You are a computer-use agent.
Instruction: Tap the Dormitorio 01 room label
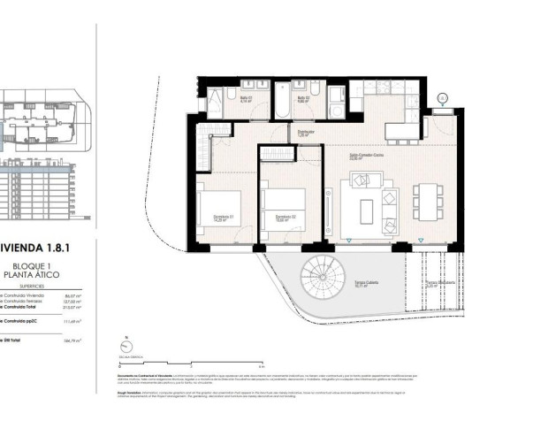[225, 218]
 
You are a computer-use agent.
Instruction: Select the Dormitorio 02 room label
[285, 218]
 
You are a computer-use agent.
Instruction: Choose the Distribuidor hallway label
[306, 134]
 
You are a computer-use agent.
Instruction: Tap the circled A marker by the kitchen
[444, 98]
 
